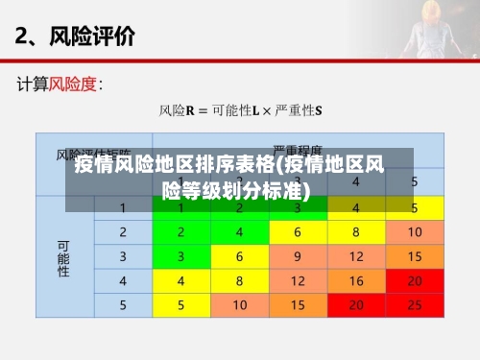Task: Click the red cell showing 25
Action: (x=413, y=305)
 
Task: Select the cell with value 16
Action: (x=355, y=281)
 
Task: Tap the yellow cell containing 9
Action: (x=298, y=256)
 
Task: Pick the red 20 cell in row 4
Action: (x=413, y=281)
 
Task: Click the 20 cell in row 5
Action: (x=355, y=305)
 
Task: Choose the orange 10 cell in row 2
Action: (x=413, y=232)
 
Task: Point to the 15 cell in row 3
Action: (x=413, y=256)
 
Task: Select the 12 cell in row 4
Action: (x=298, y=281)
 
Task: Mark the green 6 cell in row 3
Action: (x=240, y=256)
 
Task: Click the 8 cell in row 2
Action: (x=355, y=232)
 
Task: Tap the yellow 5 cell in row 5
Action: (x=181, y=305)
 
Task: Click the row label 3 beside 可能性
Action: (x=123, y=256)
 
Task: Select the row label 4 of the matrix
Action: (x=123, y=281)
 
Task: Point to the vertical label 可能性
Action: (x=63, y=257)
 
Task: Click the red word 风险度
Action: (x=73, y=84)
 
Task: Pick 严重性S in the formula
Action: (x=300, y=110)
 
